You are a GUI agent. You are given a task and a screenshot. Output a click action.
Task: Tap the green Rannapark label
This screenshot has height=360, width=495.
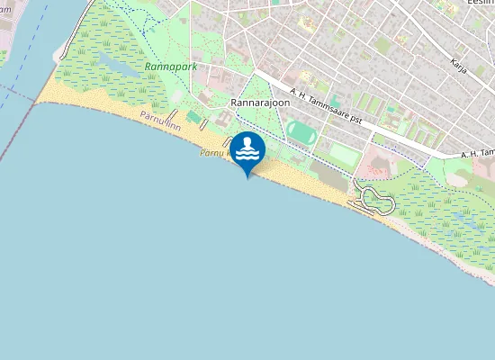coord(171,67)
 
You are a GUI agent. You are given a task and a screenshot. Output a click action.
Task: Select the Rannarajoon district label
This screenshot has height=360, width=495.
coord(260,103)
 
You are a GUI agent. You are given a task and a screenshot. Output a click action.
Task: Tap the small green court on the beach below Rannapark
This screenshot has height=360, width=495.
coord(193,117)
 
